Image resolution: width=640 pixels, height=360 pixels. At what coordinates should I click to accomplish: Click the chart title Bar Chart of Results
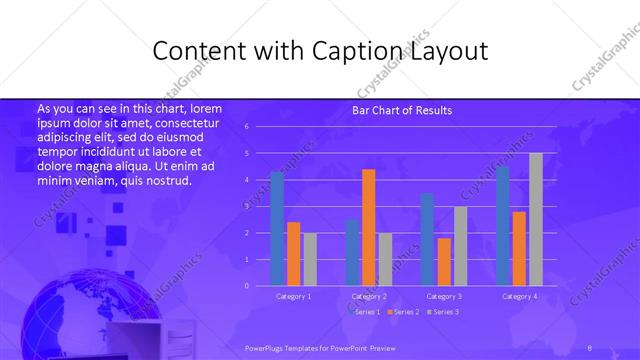[x=401, y=110]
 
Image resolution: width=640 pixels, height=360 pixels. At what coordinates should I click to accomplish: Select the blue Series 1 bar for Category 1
[x=277, y=229]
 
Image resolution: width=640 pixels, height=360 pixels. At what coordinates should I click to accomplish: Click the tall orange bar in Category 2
[x=368, y=227]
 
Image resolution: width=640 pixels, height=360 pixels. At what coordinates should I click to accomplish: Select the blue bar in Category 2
[x=352, y=252]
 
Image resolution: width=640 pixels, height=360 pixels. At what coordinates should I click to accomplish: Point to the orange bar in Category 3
[x=443, y=262]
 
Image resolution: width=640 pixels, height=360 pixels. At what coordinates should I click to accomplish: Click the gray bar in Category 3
[x=459, y=246]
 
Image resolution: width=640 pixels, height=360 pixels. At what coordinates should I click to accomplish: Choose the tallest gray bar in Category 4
[x=535, y=219]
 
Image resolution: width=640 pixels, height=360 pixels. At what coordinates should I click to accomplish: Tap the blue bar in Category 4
[x=502, y=226]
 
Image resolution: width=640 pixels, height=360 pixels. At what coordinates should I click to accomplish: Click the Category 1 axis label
[x=293, y=296]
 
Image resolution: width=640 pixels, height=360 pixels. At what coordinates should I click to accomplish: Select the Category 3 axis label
[x=443, y=296]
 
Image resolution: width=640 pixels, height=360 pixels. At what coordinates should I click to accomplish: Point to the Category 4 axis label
[x=519, y=296]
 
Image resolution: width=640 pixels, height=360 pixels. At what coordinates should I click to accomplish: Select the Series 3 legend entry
[x=443, y=312]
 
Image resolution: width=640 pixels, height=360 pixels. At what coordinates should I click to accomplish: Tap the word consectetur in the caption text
[x=189, y=122]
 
